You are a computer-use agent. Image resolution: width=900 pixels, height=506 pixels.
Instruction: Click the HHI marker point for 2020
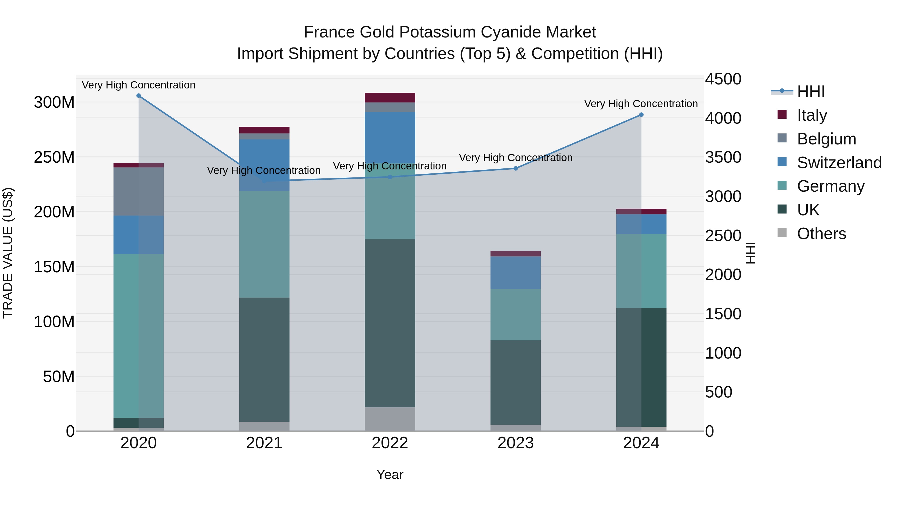[139, 96]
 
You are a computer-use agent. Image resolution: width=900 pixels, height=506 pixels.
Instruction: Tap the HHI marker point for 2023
[516, 168]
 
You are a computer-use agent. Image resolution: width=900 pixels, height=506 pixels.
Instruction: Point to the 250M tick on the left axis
[54, 157]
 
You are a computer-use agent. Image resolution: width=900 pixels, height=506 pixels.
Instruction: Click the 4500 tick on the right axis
[723, 79]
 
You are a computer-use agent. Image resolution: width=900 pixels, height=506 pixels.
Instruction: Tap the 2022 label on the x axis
[390, 443]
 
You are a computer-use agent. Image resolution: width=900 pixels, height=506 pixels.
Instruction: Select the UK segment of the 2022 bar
[390, 323]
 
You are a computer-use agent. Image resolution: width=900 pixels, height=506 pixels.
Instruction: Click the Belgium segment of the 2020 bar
[139, 191]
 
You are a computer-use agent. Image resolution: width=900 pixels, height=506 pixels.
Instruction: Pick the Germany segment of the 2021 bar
[264, 244]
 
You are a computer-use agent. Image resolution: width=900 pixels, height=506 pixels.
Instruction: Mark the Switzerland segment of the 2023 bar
[516, 272]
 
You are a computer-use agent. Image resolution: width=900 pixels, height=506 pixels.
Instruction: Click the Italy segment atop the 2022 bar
[390, 97]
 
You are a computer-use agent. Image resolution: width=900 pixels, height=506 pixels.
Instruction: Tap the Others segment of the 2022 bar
[390, 419]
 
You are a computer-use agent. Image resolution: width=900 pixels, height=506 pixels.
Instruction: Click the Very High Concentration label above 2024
[641, 104]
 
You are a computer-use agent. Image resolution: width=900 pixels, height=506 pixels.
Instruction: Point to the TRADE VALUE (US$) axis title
[8, 253]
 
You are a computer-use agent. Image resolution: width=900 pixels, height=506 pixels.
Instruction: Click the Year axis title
[390, 475]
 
